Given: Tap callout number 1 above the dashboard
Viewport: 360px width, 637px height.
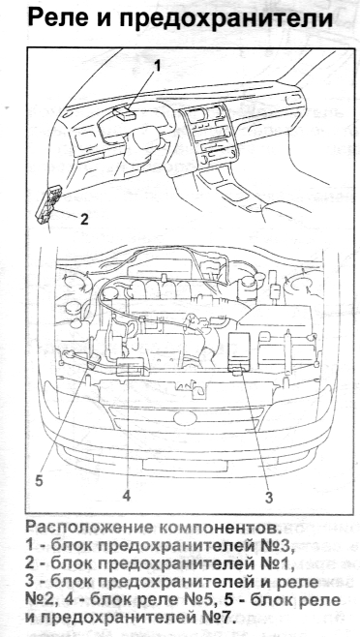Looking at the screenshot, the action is [157, 66].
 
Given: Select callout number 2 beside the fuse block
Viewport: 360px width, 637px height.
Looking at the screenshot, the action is [83, 219].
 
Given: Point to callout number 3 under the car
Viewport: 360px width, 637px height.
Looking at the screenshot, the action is [269, 498].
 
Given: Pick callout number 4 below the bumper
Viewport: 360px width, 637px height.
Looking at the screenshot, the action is [127, 496].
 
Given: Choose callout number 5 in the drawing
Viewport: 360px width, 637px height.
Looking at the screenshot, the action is [39, 480].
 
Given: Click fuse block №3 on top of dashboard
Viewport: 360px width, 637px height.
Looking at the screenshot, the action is [124, 113].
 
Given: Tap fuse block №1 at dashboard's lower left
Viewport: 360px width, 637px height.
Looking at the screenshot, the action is [48, 205].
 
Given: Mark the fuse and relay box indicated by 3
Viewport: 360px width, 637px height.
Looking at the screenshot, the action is [239, 351].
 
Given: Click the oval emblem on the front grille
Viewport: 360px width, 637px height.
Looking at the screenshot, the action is [185, 418].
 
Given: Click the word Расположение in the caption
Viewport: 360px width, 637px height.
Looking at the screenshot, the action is [89, 528].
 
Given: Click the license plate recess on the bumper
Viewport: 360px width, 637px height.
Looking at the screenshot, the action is [185, 465].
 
